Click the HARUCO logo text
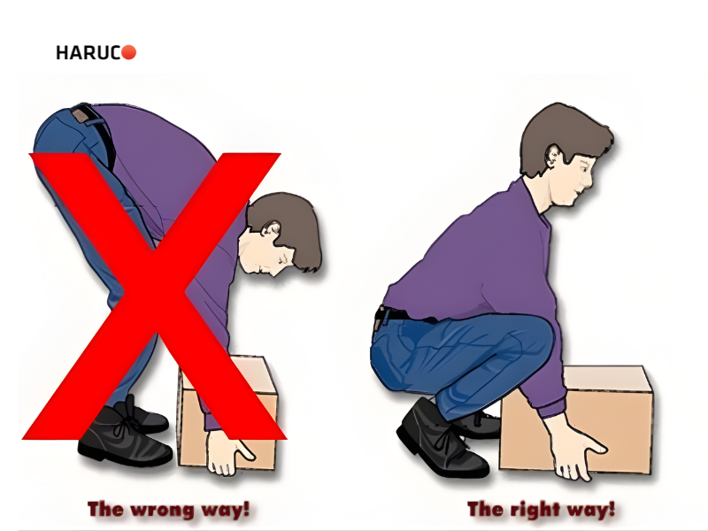click(x=96, y=52)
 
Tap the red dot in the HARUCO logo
click(x=128, y=52)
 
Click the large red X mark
click(x=154, y=296)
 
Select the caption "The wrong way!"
click(x=168, y=510)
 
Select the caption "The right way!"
click(x=541, y=510)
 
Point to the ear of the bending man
click(x=273, y=228)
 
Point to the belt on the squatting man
click(x=397, y=313)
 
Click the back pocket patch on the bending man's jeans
click(x=81, y=114)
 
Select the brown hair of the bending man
click(x=289, y=226)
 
